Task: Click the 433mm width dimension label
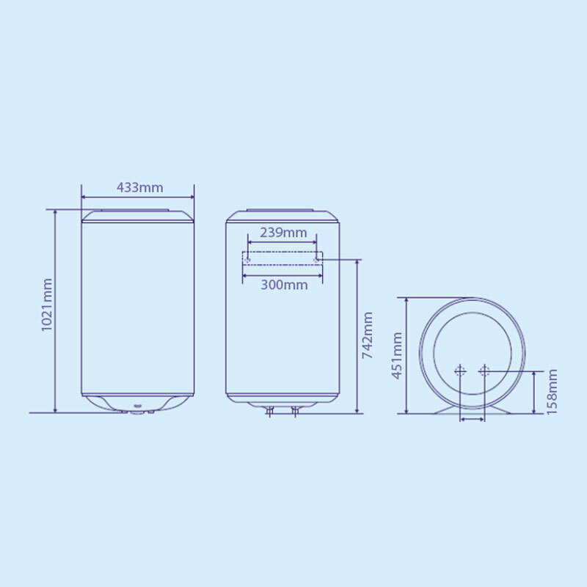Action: (139, 187)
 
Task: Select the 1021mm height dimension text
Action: (48, 305)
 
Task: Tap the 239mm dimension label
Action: (283, 233)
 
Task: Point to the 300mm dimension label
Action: (284, 285)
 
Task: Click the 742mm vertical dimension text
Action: (368, 335)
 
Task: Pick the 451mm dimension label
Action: (397, 355)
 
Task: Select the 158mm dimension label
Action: (553, 392)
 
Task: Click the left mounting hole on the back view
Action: (248, 259)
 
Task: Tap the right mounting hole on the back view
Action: (317, 259)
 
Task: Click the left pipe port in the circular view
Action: (460, 371)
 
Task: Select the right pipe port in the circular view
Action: (484, 371)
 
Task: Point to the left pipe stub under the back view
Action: (270, 412)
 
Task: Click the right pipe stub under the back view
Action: (295, 412)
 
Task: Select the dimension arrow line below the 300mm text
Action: (282, 275)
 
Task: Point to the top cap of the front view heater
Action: (137, 216)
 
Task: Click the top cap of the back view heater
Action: (282, 216)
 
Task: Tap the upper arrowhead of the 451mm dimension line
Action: (406, 302)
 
